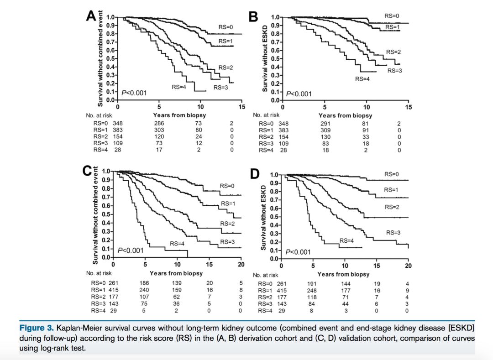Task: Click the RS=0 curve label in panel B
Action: click(392, 16)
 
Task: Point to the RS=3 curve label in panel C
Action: click(227, 241)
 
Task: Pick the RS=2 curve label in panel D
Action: click(392, 207)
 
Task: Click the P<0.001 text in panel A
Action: click(134, 93)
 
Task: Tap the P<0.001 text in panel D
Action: click(299, 252)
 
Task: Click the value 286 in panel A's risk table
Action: click(159, 123)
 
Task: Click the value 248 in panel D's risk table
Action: click(313, 290)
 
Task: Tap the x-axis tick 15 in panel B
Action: click(409, 107)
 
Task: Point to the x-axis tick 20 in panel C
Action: click(241, 265)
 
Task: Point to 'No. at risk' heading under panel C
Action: click(99, 273)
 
